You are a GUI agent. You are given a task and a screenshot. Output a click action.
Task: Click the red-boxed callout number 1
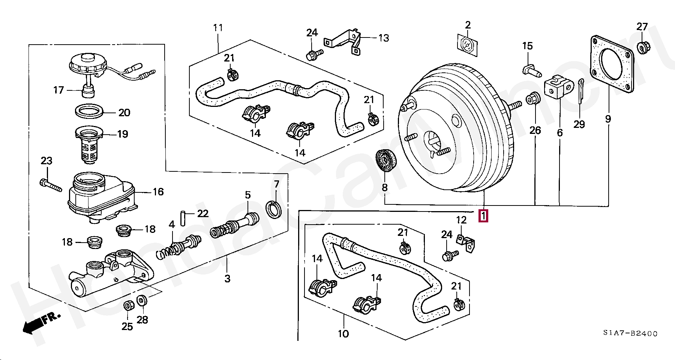(x=483, y=216)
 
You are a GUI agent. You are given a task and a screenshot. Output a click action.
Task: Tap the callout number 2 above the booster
(x=468, y=25)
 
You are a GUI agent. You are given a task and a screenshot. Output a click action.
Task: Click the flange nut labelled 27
(x=644, y=47)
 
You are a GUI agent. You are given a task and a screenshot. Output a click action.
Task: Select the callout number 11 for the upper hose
(x=218, y=28)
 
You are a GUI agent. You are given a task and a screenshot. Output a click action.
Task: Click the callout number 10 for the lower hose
(x=343, y=333)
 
